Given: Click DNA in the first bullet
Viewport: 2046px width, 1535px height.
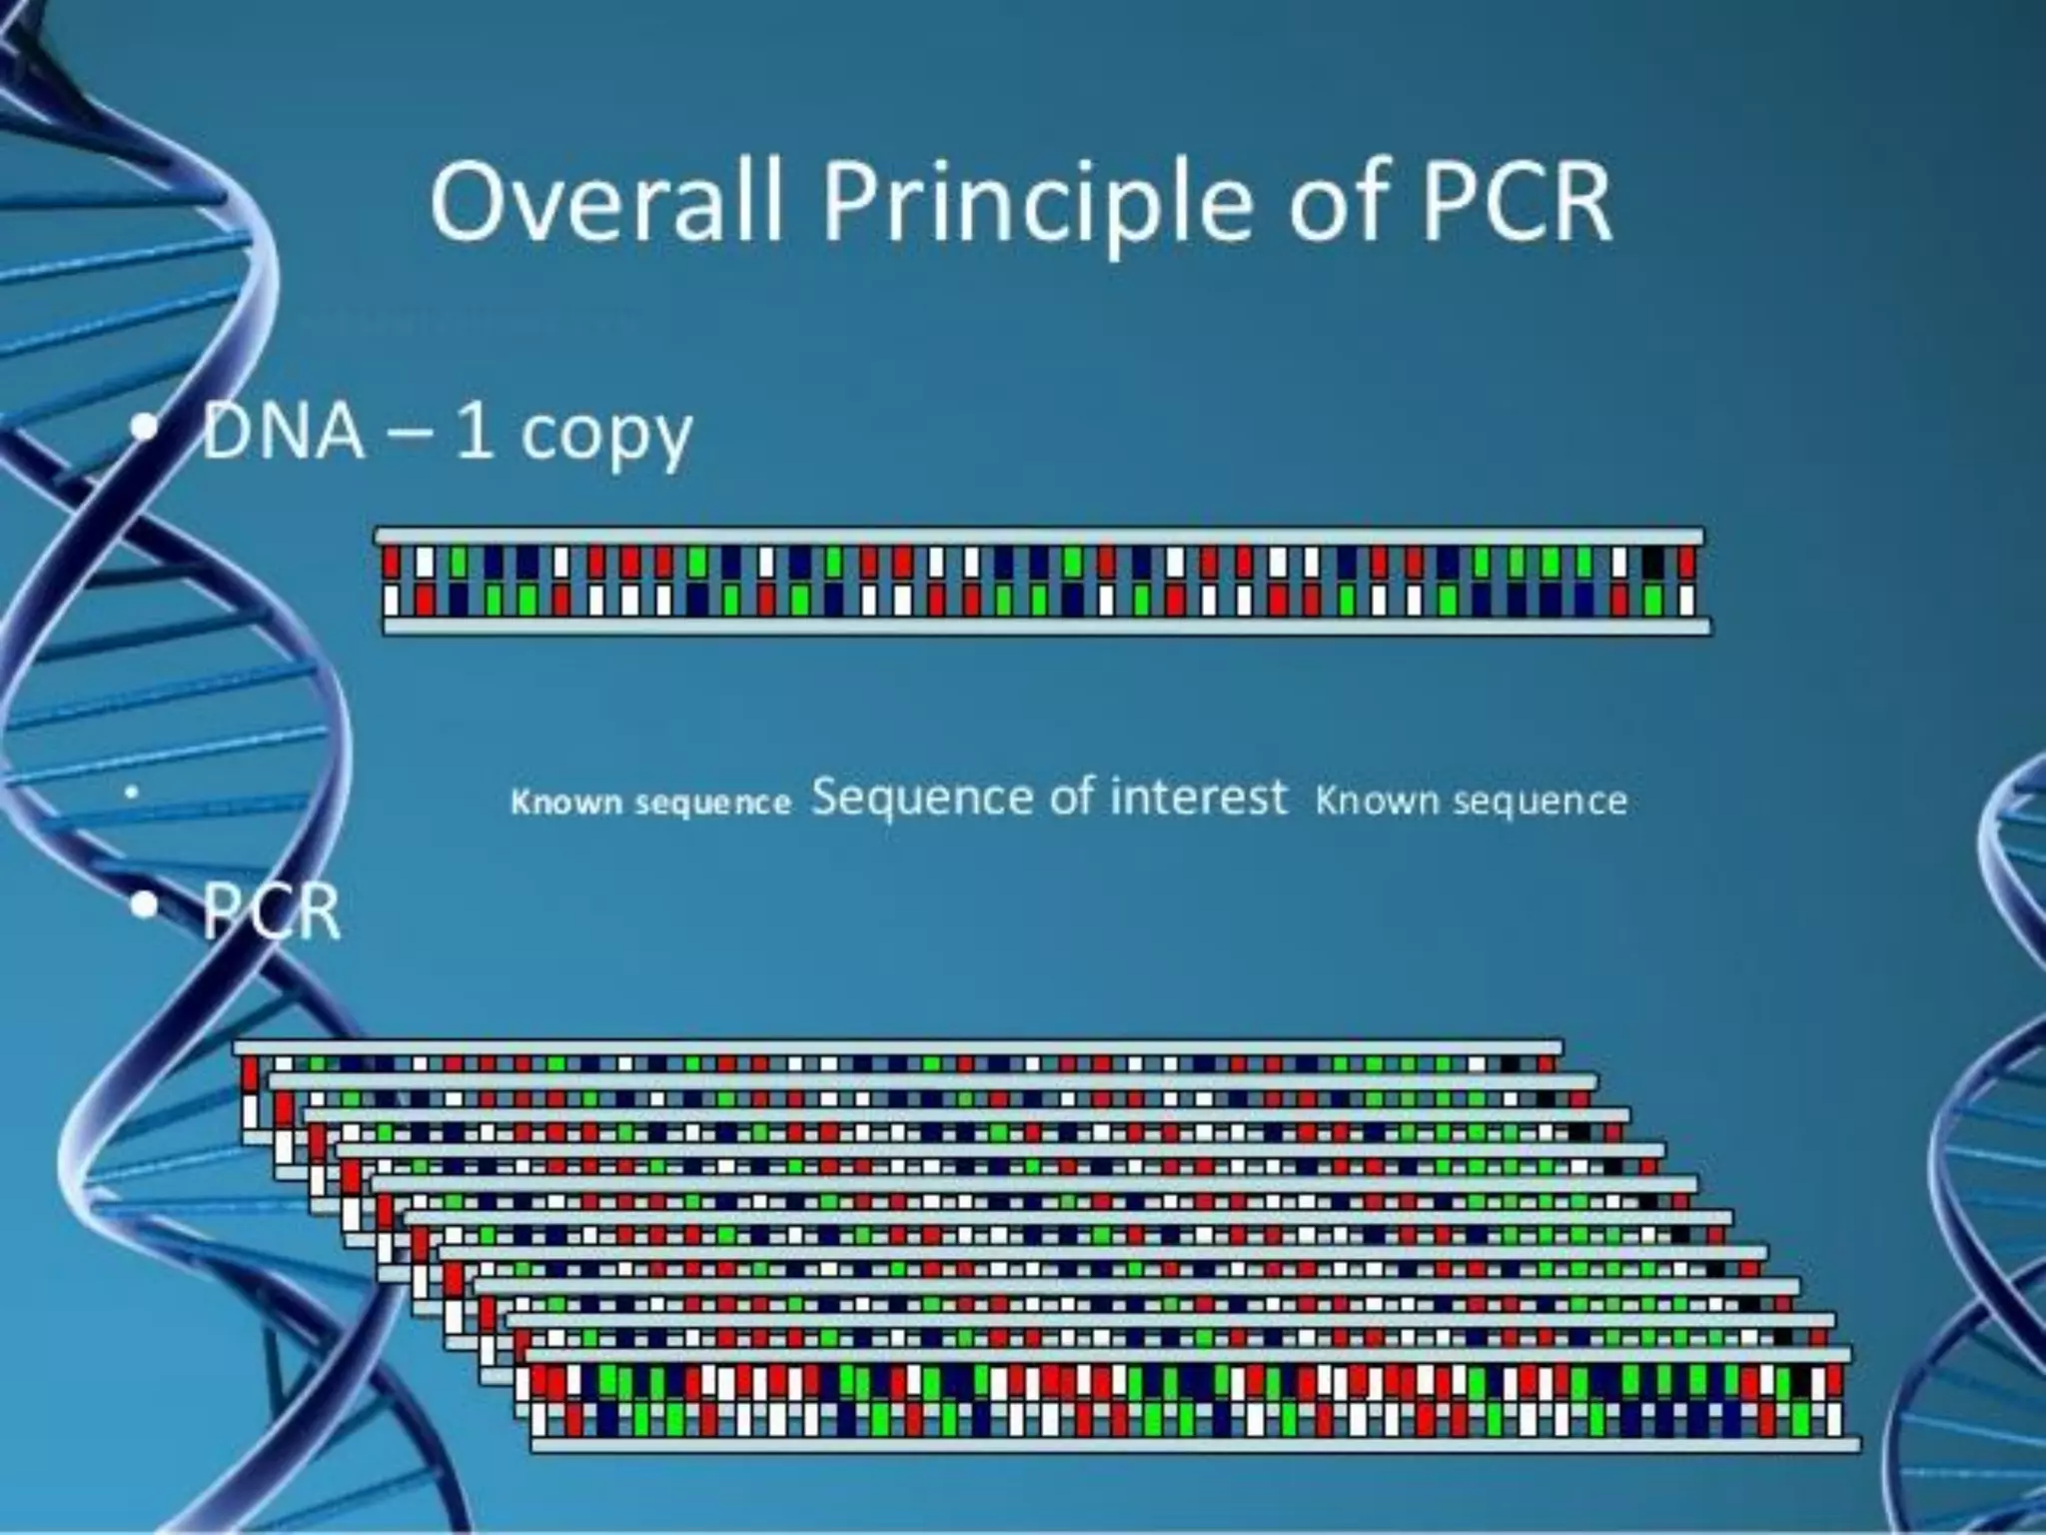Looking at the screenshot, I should click(x=284, y=432).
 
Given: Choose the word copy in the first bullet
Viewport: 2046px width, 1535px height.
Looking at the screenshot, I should click(x=606, y=438).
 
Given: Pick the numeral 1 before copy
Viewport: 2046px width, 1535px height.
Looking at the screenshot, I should click(x=474, y=432).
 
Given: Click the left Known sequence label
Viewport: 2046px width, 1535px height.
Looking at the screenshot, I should click(x=650, y=802).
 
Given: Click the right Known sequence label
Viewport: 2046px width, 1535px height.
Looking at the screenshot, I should click(x=1471, y=800).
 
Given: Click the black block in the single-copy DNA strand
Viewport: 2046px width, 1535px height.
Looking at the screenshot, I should click(x=1652, y=564).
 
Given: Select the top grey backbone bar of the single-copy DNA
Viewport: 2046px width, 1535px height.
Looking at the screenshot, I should click(x=1039, y=537).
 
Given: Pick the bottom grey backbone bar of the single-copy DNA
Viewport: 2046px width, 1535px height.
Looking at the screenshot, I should click(x=1045, y=627).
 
